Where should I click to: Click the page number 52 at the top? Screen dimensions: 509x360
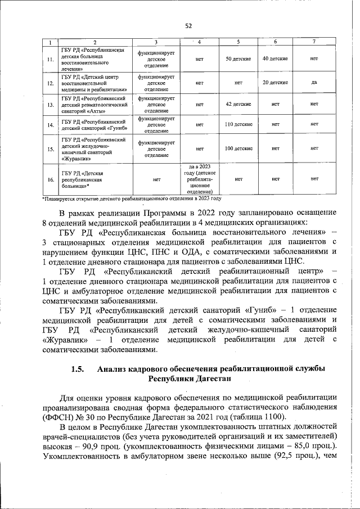pos(188,25)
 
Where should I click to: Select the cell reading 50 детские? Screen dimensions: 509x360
pos(238,58)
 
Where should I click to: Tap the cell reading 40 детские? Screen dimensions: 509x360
pos(275,58)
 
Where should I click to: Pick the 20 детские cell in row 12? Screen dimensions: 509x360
pos(275,82)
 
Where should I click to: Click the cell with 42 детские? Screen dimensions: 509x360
pos(238,104)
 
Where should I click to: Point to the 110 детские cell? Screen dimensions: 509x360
pos(238,124)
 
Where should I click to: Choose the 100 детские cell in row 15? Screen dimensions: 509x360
pos(238,148)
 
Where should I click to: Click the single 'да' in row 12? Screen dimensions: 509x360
pos(314,82)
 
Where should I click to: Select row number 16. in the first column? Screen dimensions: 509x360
pos(51,179)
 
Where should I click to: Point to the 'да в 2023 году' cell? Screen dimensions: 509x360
pos(200,179)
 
